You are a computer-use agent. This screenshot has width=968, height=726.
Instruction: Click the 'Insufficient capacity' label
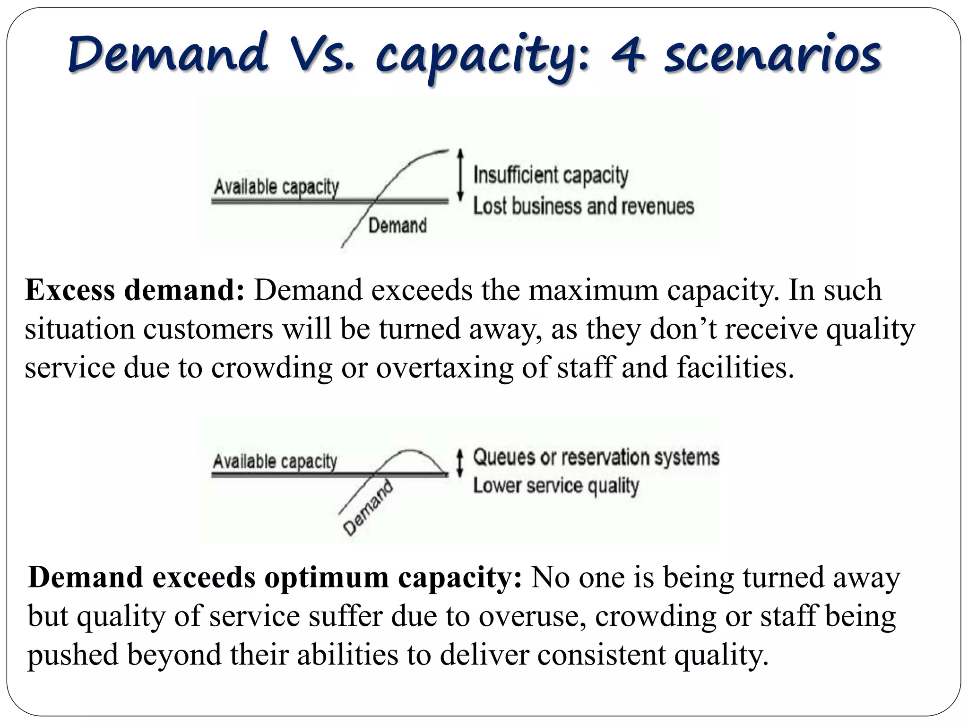coord(551,175)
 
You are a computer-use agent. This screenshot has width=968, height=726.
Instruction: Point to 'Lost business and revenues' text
coord(583,207)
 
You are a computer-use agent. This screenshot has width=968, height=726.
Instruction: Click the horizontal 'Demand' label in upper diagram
coord(397,225)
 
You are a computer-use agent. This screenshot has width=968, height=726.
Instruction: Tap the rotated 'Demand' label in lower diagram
coord(368,508)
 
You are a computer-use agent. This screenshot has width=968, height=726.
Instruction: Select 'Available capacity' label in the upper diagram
coord(277,187)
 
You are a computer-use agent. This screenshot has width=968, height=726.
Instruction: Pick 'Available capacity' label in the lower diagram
coord(275,461)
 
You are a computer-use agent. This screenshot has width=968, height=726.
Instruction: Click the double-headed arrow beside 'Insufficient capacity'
coord(460,174)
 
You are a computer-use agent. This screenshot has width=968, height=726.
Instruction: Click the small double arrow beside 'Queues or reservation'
coord(459,463)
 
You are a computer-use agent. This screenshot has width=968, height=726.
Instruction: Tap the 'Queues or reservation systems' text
coord(596,458)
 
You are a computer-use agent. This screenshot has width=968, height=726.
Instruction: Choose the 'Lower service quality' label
coord(556,486)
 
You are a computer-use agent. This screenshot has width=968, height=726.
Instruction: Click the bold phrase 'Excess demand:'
coord(135,290)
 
